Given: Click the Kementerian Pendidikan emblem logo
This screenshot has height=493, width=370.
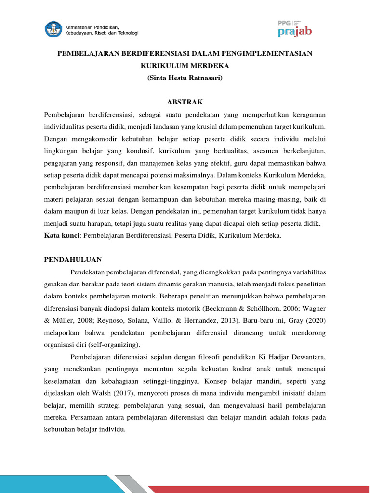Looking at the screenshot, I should click(x=54, y=29).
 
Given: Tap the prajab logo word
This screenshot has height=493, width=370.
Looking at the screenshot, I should click(x=295, y=32).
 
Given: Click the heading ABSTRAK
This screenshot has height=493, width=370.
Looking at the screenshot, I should click(x=185, y=102).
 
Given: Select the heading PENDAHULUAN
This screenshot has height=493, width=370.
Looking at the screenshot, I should click(x=73, y=259).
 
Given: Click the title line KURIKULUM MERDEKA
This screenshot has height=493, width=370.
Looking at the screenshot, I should click(x=185, y=65).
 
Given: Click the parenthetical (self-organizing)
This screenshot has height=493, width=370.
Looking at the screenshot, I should click(x=116, y=344).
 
